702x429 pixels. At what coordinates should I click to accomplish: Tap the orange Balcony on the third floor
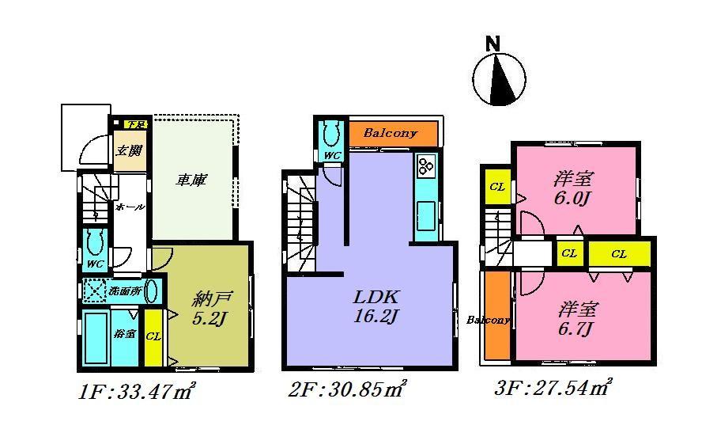pos(496,320)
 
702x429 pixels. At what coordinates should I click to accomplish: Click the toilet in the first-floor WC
pos(96,241)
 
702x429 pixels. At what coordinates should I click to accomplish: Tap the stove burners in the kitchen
pos(426,165)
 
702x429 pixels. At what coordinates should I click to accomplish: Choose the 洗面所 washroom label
pos(125,290)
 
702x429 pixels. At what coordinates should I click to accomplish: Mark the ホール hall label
pos(130,207)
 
